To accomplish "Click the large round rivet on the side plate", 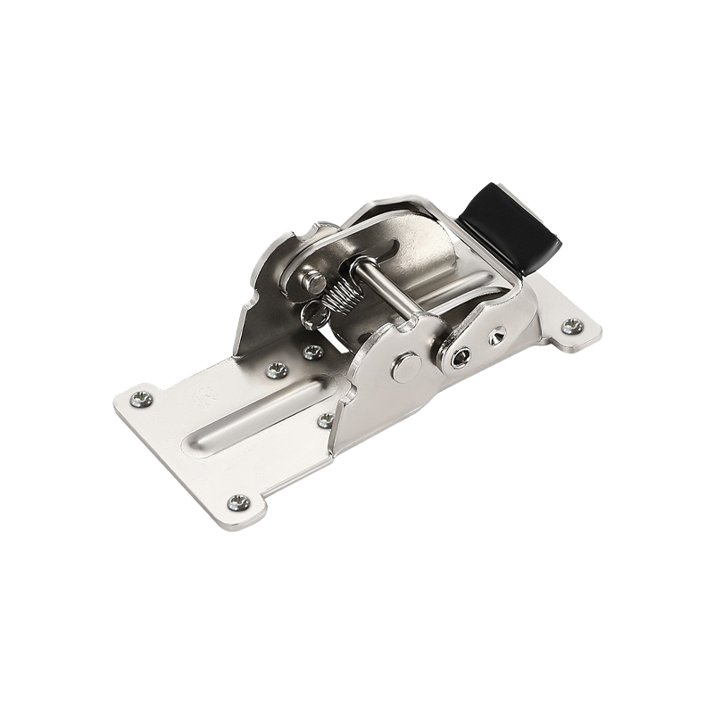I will [x=405, y=366].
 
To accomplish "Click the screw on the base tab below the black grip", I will [x=571, y=327].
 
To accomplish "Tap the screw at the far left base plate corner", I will [x=141, y=399].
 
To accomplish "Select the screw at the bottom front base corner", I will [x=237, y=502].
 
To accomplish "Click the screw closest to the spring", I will [x=311, y=352].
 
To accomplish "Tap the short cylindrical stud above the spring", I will [x=313, y=283].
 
